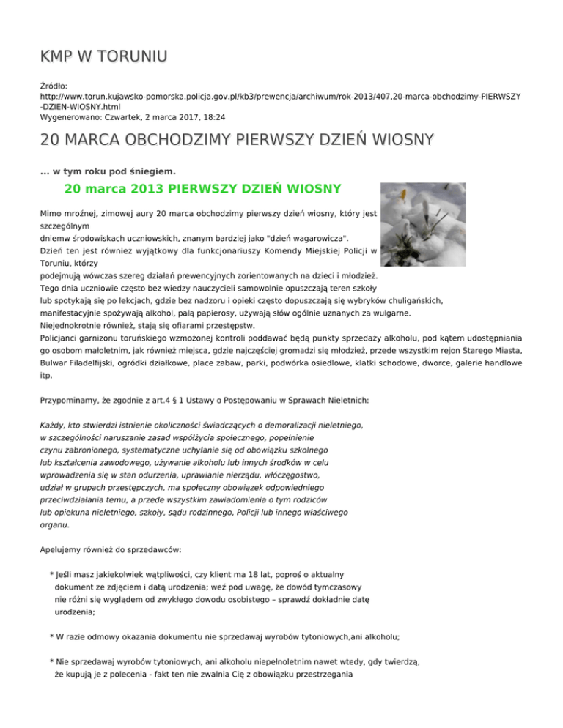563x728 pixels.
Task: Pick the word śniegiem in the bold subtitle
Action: pyautogui.click(x=152, y=171)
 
